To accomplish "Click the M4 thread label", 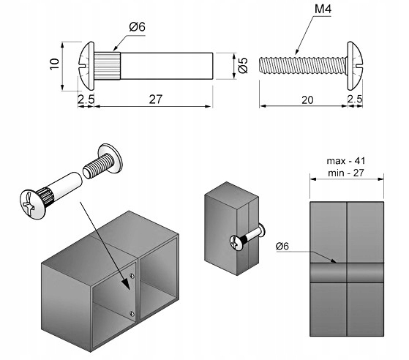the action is click(x=323, y=9).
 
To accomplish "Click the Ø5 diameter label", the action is click(x=243, y=65).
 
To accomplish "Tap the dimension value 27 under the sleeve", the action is click(x=155, y=99).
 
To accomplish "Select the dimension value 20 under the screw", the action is click(x=307, y=100).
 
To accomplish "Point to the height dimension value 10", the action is click(x=55, y=64).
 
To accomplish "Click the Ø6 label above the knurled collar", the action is click(x=138, y=26).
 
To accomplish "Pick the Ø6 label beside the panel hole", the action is click(x=282, y=246).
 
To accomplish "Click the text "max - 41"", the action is click(x=346, y=161).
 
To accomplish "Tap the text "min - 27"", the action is click(x=346, y=173).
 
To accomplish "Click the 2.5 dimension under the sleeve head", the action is click(x=86, y=99).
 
